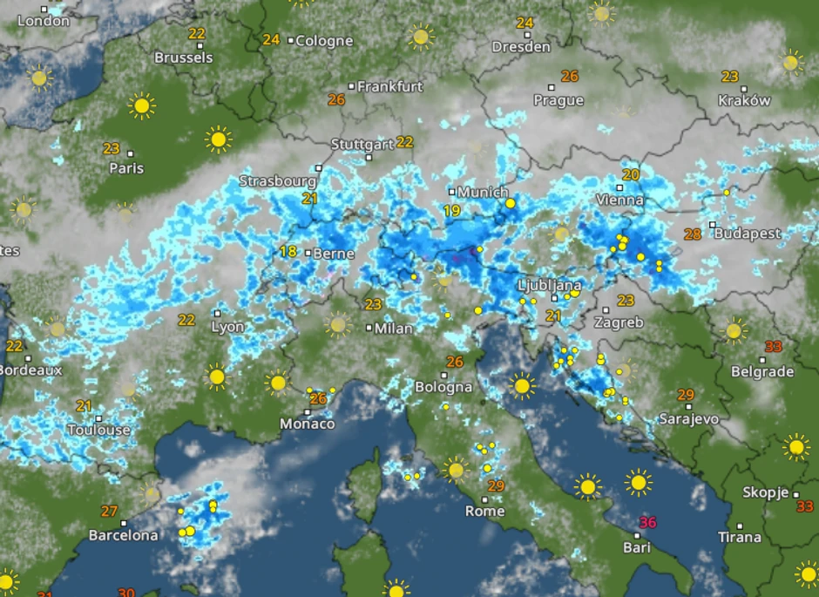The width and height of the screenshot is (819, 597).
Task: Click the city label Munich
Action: (x=483, y=192)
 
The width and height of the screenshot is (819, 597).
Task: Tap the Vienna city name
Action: (x=619, y=200)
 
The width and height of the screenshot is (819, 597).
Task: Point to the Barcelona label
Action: (x=123, y=535)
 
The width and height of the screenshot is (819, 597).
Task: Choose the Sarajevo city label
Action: (x=688, y=418)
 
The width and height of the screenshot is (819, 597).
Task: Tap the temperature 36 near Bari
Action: (x=647, y=523)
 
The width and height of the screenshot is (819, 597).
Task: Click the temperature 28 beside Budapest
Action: (x=693, y=234)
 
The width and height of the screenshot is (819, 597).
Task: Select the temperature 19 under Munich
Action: (x=451, y=211)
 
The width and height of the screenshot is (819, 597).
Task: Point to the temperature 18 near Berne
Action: (x=288, y=252)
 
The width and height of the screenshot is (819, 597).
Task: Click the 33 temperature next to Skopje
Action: (x=804, y=506)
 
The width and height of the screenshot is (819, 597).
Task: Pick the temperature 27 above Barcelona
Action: (x=109, y=512)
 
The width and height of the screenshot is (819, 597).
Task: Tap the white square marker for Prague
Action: (x=552, y=86)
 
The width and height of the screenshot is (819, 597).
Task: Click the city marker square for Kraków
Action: (x=744, y=88)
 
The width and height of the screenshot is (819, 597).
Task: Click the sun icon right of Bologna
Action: (x=521, y=384)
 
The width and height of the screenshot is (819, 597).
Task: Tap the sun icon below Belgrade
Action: (x=795, y=447)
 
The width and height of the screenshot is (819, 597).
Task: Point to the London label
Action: (x=43, y=20)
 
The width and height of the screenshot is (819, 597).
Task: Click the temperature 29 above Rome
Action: (x=497, y=486)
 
